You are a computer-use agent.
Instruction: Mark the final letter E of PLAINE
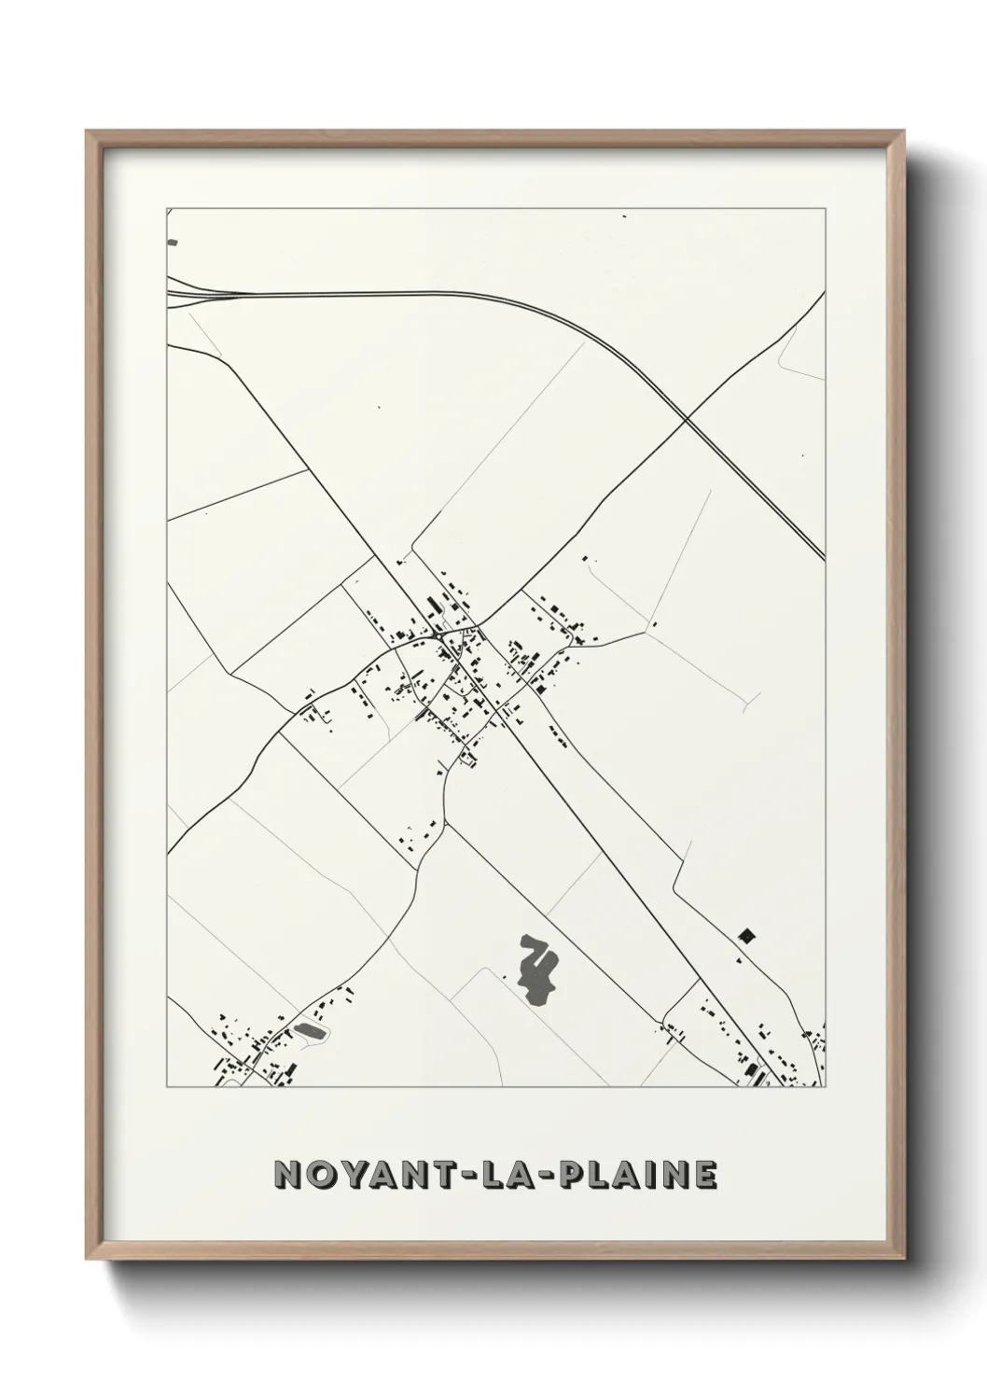pyautogui.click(x=706, y=1175)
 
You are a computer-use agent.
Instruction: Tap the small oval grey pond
pyautogui.click(x=310, y=1031)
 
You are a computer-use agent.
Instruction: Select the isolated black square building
pyautogui.click(x=745, y=935)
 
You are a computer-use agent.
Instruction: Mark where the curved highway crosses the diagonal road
pyautogui.click(x=687, y=420)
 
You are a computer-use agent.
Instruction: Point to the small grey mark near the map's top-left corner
pyautogui.click(x=172, y=243)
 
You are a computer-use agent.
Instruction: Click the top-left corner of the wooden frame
pyautogui.click(x=87, y=132)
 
